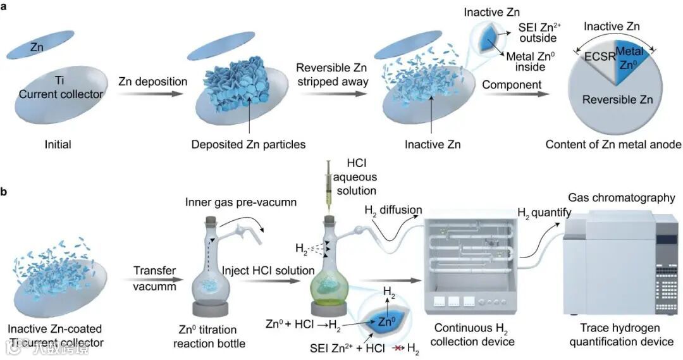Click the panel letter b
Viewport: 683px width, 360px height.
pyautogui.click(x=5, y=188)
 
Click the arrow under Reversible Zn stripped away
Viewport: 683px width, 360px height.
pyautogui.click(x=334, y=96)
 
